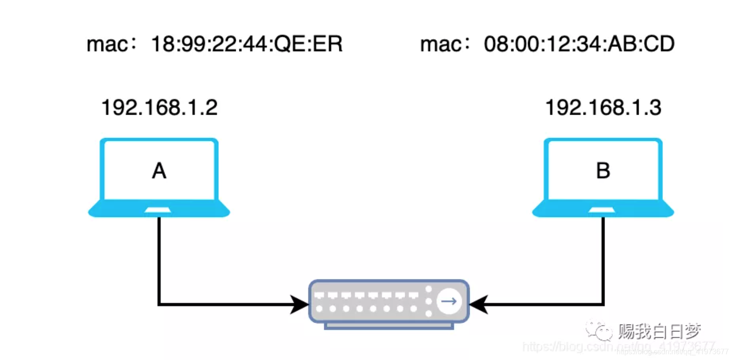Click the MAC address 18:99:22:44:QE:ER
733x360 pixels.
[247, 45]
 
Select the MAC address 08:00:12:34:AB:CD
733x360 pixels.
[579, 45]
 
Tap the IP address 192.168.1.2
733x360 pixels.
[159, 108]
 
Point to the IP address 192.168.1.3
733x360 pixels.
[603, 108]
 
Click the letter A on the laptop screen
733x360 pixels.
[159, 171]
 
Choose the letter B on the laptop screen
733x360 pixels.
[603, 171]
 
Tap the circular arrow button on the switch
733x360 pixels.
[449, 302]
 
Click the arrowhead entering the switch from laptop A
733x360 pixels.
[299, 304]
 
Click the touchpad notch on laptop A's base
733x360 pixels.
[158, 210]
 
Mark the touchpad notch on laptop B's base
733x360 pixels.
[602, 210]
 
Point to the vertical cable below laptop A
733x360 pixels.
[159, 258]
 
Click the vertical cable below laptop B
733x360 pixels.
[603, 258]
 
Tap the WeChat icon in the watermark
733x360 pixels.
[599, 331]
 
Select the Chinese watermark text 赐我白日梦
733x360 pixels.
[659, 331]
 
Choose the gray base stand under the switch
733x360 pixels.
[389, 326]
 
